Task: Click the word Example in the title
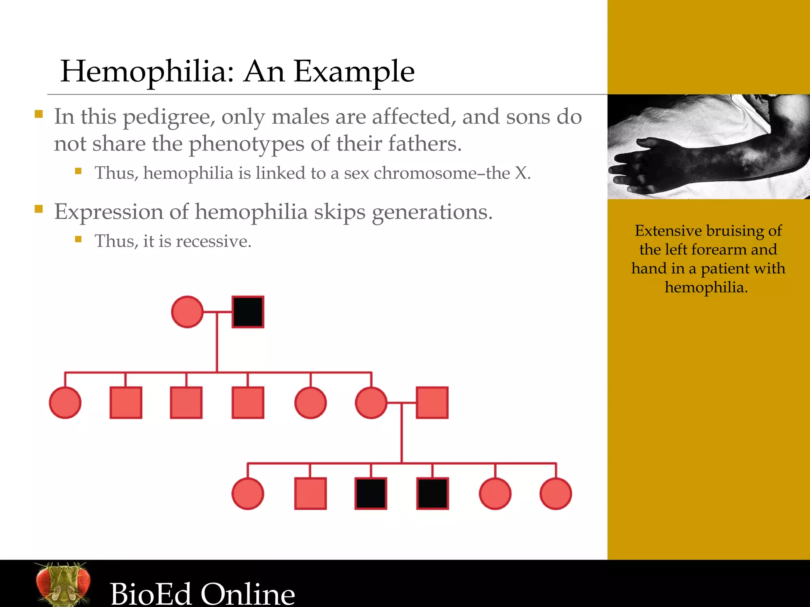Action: pyautogui.click(x=354, y=72)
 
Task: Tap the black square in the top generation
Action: pyautogui.click(x=248, y=312)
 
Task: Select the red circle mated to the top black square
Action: pyautogui.click(x=187, y=312)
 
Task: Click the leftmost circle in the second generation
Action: pyautogui.click(x=65, y=403)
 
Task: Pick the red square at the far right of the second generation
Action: pyautogui.click(x=432, y=403)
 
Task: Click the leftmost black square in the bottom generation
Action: pyautogui.click(x=371, y=494)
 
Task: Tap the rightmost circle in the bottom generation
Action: pyautogui.click(x=556, y=494)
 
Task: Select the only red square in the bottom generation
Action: pyautogui.click(x=310, y=494)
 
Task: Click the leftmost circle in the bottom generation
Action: pyautogui.click(x=248, y=494)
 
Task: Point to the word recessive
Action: pyautogui.click(x=213, y=241)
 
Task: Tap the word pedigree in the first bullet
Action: pyautogui.click(x=169, y=117)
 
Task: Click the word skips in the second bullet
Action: pyautogui.click(x=339, y=212)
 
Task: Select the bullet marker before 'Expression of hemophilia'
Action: pyautogui.click(x=39, y=209)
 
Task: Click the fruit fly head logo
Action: pyautogui.click(x=62, y=584)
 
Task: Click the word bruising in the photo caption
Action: pyautogui.click(x=735, y=231)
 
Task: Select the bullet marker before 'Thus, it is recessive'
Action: pyautogui.click(x=78, y=239)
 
